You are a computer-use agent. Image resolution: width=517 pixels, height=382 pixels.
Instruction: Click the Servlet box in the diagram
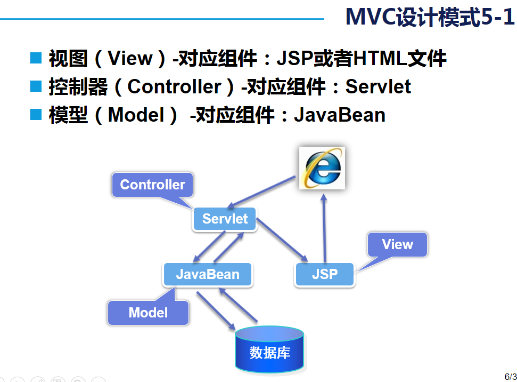pos(225,219)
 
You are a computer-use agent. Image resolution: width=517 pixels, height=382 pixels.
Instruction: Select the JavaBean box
pos(208,275)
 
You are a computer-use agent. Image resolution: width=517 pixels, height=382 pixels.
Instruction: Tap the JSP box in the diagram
pos(324,275)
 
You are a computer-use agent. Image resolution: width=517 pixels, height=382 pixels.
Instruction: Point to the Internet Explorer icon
pos(321,168)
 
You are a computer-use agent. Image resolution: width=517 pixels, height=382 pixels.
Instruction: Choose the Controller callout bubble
pos(152,185)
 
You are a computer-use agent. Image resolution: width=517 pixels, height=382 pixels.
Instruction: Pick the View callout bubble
pos(397,245)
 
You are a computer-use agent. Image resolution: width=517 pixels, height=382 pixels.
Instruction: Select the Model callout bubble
pos(148,313)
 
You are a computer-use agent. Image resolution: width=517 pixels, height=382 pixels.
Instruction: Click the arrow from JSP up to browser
pos(323,227)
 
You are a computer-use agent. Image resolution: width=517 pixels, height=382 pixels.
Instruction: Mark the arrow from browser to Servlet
pos(261,193)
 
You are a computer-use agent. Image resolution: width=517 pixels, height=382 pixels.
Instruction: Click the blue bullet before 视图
pos(36,58)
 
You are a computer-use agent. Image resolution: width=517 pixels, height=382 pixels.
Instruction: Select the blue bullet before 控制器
pos(36,86)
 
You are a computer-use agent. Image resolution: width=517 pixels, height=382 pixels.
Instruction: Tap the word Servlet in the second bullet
pos(378,86)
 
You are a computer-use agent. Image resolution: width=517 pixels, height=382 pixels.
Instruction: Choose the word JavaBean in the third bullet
pos(339,115)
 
